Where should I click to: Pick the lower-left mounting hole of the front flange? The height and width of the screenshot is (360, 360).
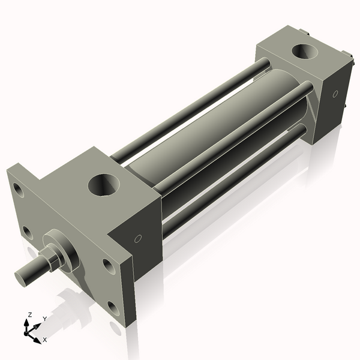pos(28,233)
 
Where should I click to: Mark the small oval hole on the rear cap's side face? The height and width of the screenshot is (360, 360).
pos(335,94)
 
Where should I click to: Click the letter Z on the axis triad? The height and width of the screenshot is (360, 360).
pos(29,314)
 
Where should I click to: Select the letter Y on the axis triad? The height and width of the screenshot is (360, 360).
pos(44,319)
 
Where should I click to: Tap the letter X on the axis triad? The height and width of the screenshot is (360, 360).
pos(44,340)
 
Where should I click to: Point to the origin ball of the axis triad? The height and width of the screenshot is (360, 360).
pos(27,331)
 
